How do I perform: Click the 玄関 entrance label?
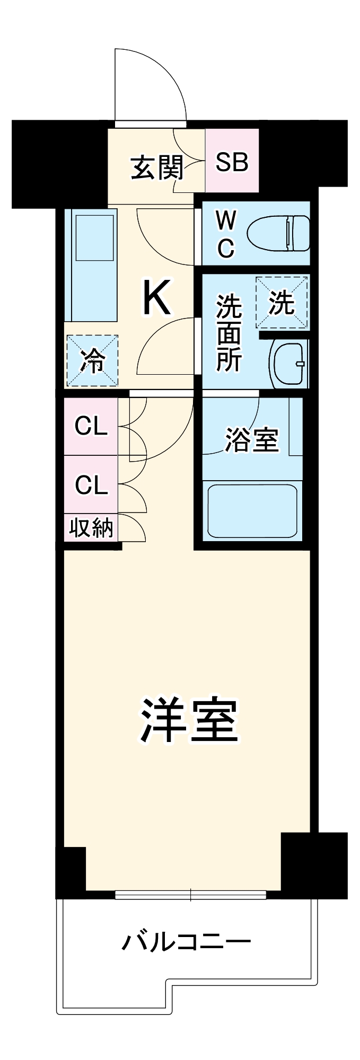pyautogui.click(x=156, y=167)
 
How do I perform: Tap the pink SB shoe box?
pyautogui.click(x=232, y=161)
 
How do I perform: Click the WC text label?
pyautogui.click(x=226, y=234)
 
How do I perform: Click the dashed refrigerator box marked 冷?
pyautogui.click(x=92, y=361)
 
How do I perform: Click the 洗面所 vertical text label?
pyautogui.click(x=229, y=333)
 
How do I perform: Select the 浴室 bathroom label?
pyautogui.click(x=251, y=439)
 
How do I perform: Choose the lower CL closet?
pyautogui.click(x=91, y=484)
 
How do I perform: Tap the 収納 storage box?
pyautogui.click(x=91, y=528)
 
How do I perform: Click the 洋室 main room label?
pyautogui.click(x=189, y=721)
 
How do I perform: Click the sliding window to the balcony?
pyautogui.click(x=190, y=895)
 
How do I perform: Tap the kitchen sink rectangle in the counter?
pyautogui.click(x=95, y=237)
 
